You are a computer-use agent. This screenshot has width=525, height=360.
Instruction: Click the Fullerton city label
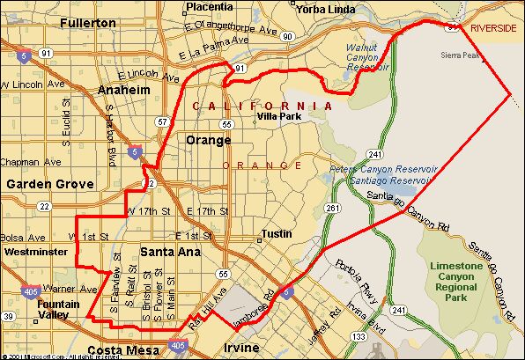88,23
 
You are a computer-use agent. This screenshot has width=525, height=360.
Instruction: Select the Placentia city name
210,7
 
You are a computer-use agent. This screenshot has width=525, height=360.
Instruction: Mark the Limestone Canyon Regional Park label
457,283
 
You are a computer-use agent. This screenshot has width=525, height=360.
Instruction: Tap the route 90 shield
287,36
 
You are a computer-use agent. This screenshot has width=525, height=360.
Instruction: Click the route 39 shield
9,317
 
